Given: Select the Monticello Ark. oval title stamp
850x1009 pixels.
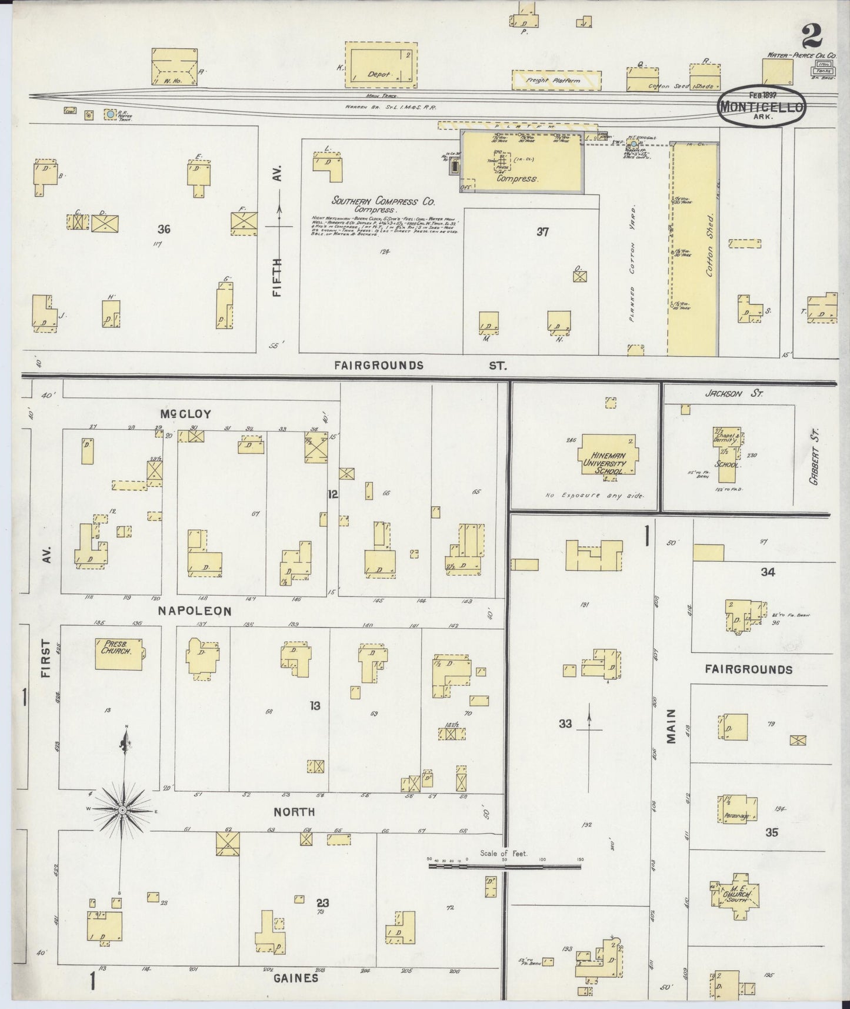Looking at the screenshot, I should (761, 105).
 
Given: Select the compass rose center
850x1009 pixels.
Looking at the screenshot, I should (122, 810).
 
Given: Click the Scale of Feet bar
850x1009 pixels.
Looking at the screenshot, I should (505, 867).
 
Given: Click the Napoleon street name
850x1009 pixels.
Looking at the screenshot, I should (194, 611).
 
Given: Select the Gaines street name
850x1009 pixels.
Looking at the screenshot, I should (296, 978).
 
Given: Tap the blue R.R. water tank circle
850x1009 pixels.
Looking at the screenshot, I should (110, 113).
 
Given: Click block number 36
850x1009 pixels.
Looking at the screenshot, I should (164, 229).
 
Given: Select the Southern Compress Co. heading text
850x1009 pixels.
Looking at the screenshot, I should (382, 201).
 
